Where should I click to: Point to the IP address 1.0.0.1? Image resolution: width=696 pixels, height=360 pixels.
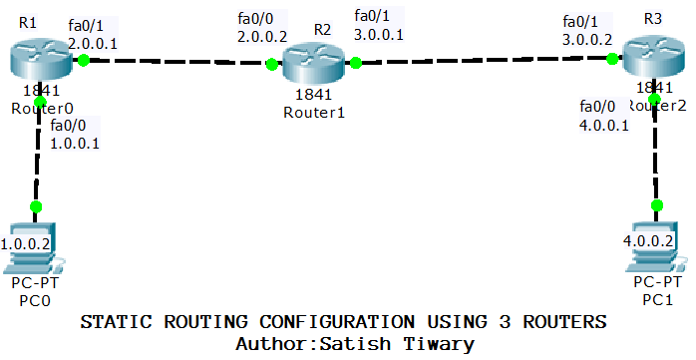pos(75,144)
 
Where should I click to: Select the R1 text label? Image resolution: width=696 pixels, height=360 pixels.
pos(27,22)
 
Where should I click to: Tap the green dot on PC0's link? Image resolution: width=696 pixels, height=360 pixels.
pos(36,206)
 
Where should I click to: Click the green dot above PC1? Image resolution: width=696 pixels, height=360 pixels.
pos(656,204)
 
